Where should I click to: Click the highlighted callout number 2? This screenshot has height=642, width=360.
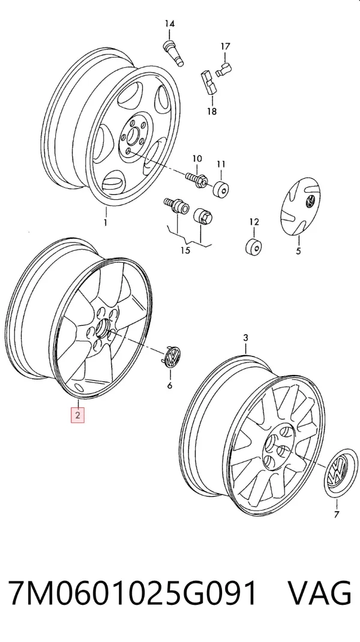tap(77, 415)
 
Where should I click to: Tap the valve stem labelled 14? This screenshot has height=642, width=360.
tap(173, 53)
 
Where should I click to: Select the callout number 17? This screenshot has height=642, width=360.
tap(225, 47)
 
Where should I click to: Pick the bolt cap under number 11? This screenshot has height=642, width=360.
tap(221, 188)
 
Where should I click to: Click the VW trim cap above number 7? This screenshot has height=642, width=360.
tap(341, 474)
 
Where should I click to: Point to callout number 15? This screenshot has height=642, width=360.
tap(185, 250)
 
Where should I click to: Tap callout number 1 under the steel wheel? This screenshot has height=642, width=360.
tap(105, 223)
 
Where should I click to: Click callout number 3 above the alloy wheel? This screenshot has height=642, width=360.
tap(246, 338)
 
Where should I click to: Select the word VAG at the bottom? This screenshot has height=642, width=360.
tap(319, 592)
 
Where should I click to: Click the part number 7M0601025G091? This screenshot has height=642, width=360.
tap(134, 592)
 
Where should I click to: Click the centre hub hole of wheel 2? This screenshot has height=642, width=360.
tap(103, 328)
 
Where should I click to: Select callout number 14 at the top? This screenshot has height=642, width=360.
tap(170, 24)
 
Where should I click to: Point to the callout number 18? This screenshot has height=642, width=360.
tap(212, 110)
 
